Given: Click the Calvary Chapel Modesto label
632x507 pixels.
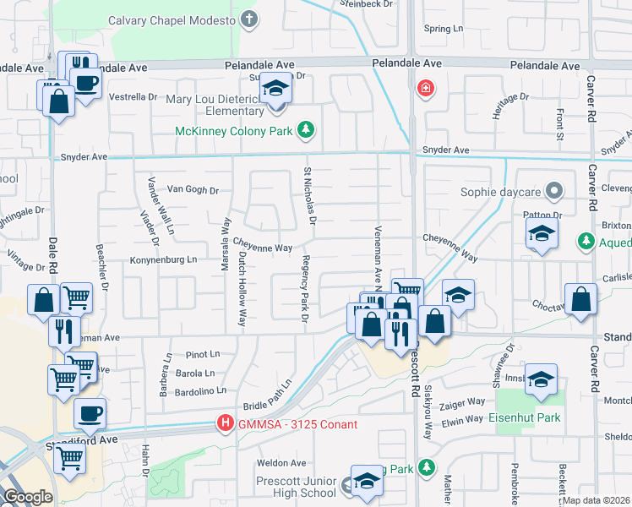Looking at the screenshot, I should coord(174,19).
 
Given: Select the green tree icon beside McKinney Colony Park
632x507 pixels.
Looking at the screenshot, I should coord(306,130).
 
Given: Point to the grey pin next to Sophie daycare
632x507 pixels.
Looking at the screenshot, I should coord(554,191).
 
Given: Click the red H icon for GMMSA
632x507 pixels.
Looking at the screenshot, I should coord(225,423).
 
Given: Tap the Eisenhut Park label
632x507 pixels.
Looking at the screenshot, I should coord(524,418).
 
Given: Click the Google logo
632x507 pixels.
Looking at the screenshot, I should coord(28,497).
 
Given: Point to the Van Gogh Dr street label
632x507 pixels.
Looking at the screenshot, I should coord(193,190).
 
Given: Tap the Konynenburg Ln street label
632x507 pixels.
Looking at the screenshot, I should coord(163,259).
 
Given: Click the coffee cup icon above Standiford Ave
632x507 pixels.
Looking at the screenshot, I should coord(90,415).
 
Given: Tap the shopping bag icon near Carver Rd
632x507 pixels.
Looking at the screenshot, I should coord(580,300).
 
